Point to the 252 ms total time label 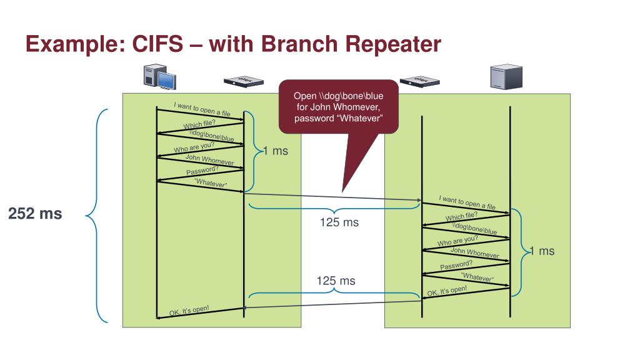[x=35, y=214]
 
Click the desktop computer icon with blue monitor [x=159, y=77]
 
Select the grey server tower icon [x=506, y=76]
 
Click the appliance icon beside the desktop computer [x=244, y=81]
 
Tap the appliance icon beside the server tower [x=420, y=81]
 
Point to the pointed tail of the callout [x=342, y=192]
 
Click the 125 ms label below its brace [x=339, y=222]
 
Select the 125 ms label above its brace [x=336, y=281]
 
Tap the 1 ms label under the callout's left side [x=276, y=151]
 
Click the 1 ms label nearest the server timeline [x=542, y=251]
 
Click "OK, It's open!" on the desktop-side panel [x=189, y=311]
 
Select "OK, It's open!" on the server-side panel [x=447, y=291]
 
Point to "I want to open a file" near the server [x=467, y=203]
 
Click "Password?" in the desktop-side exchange [x=202, y=170]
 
